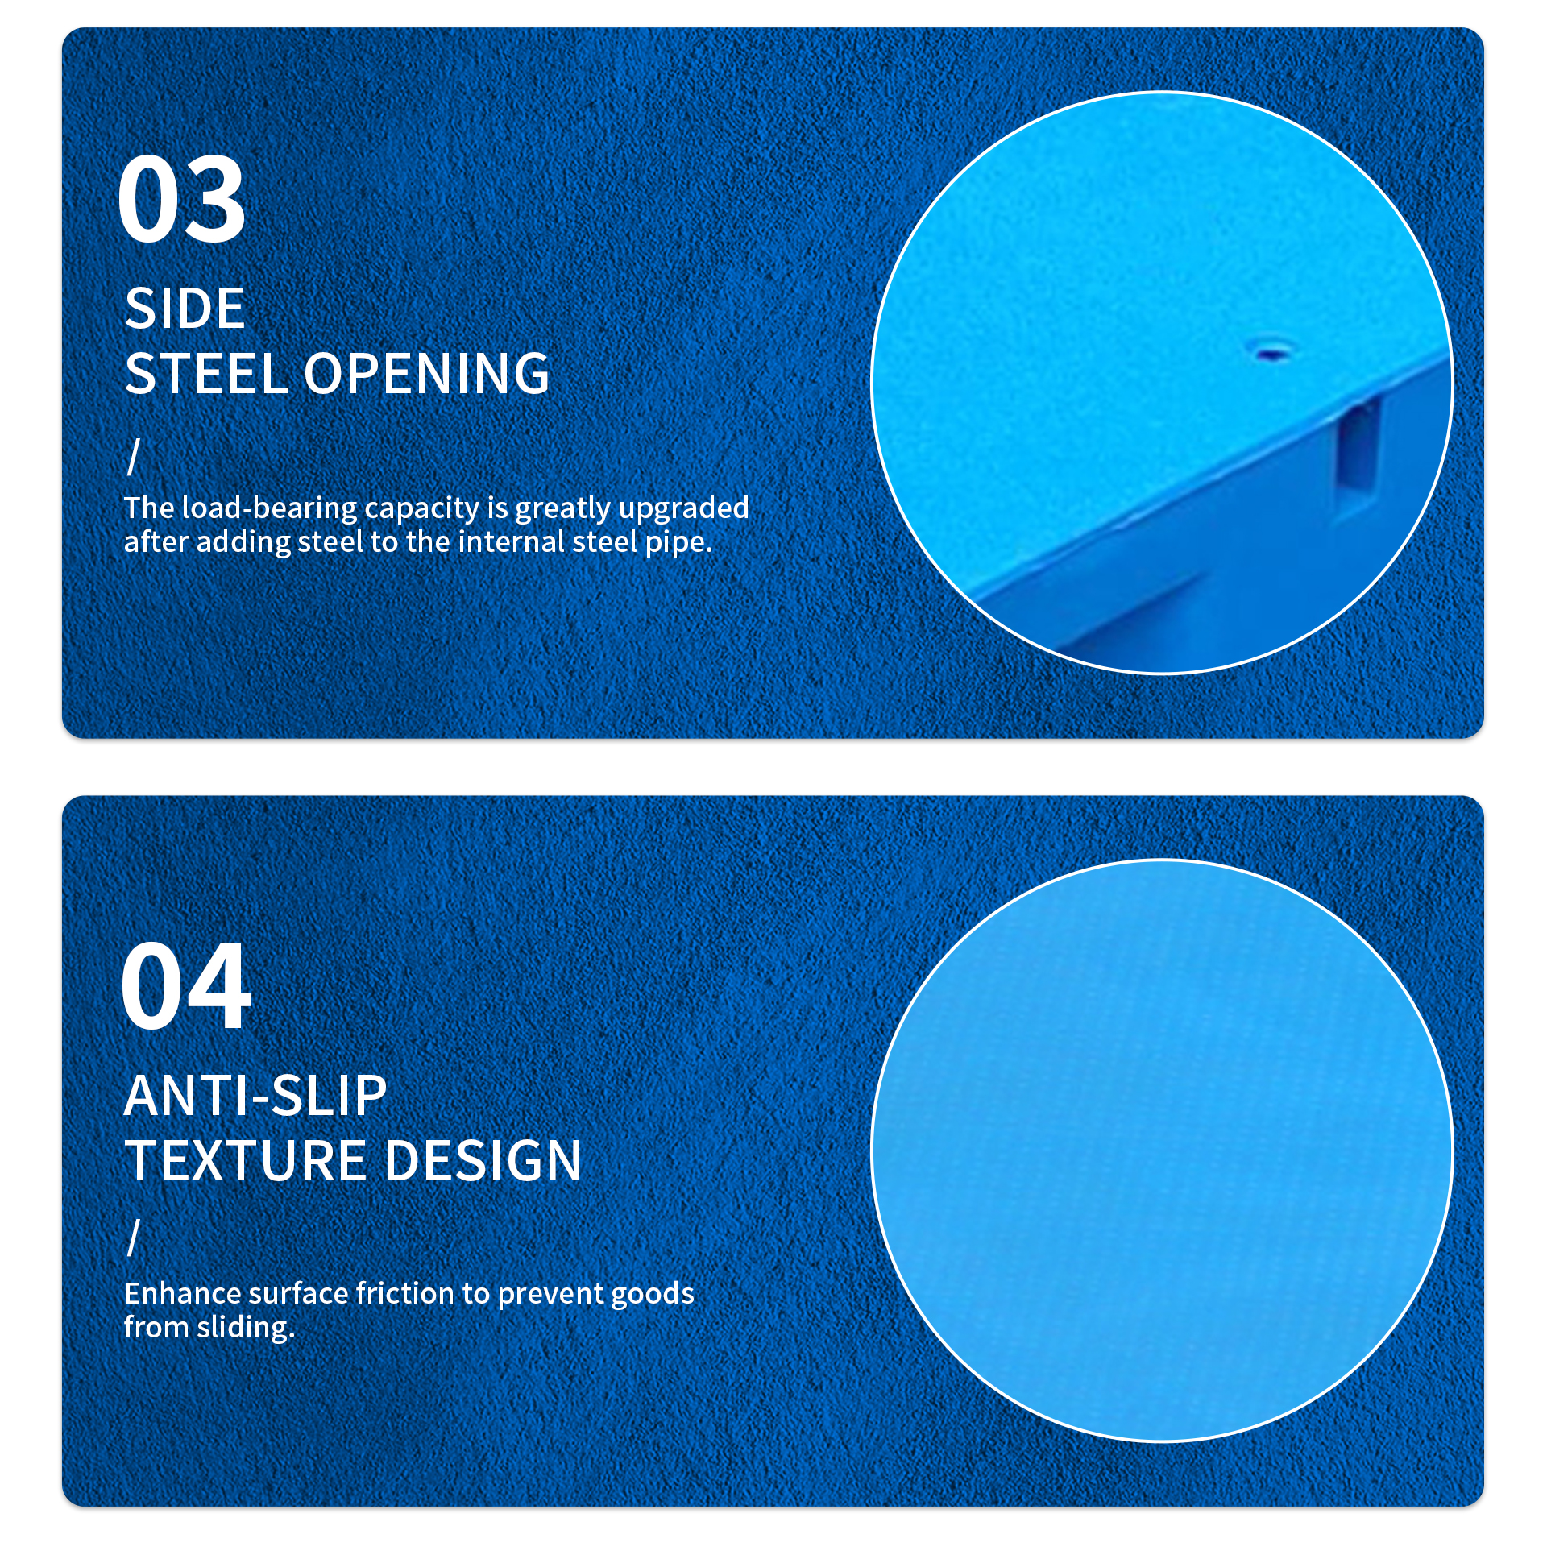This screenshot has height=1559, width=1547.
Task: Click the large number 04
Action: pyautogui.click(x=185, y=985)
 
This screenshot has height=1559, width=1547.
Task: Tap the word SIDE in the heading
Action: pyautogui.click(x=185, y=309)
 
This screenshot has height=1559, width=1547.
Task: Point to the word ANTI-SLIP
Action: pyautogui.click(x=255, y=1096)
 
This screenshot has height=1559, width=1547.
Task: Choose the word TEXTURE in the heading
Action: pyautogui.click(x=245, y=1161)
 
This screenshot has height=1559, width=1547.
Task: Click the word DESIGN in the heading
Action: pyautogui.click(x=483, y=1161)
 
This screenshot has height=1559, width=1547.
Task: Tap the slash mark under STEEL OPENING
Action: pyautogui.click(x=134, y=457)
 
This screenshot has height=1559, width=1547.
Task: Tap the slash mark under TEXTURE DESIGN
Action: pyautogui.click(x=134, y=1237)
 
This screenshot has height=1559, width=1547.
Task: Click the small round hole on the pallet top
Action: pyautogui.click(x=1272, y=352)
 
